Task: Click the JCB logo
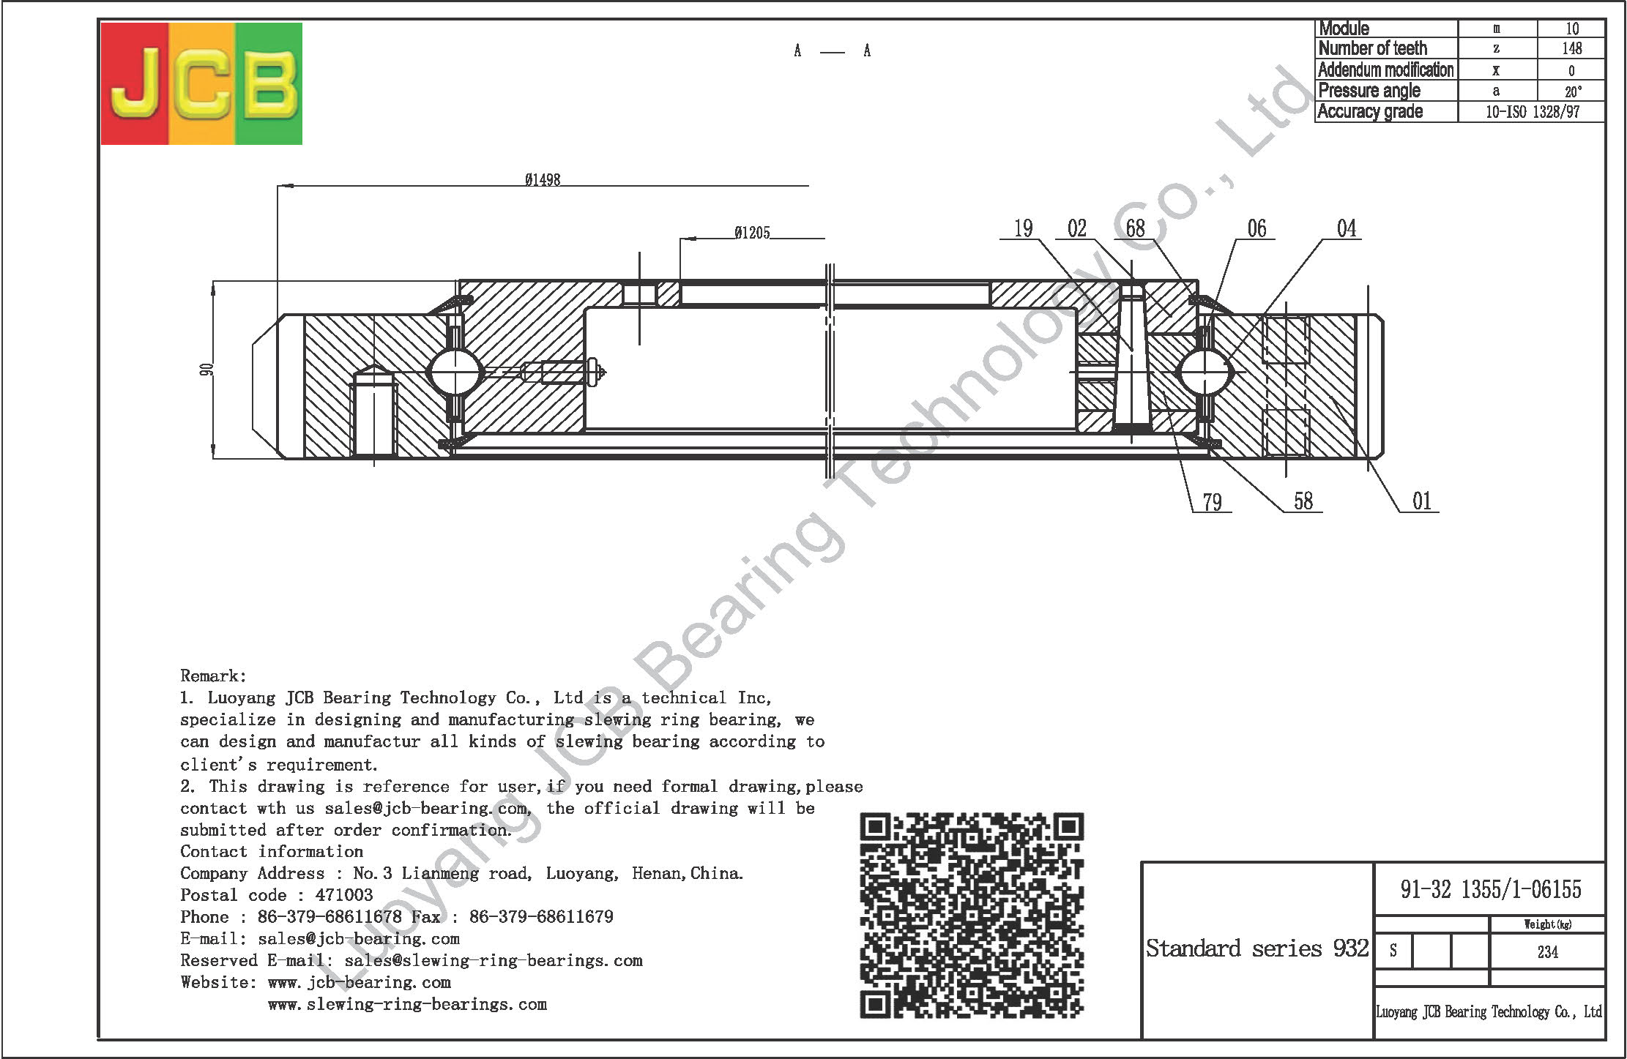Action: click(x=201, y=83)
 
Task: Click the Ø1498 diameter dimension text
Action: click(x=543, y=179)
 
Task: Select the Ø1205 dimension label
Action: click(x=752, y=233)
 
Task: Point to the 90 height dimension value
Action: click(x=206, y=370)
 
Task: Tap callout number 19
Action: click(x=1023, y=228)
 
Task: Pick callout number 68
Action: click(x=1135, y=228)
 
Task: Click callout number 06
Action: click(x=1256, y=228)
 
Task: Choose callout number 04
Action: click(x=1347, y=228)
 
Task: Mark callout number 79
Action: click(x=1212, y=502)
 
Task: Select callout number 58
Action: click(x=1303, y=501)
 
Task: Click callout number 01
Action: click(x=1422, y=501)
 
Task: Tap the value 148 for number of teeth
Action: click(x=1571, y=49)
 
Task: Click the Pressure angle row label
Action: click(x=1369, y=91)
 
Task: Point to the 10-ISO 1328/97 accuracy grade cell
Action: click(x=1533, y=112)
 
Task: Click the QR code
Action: click(x=972, y=915)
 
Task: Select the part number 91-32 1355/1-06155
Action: click(x=1491, y=889)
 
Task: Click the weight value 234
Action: click(x=1547, y=952)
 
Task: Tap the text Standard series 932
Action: click(x=1257, y=948)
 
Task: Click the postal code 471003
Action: click(x=344, y=895)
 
